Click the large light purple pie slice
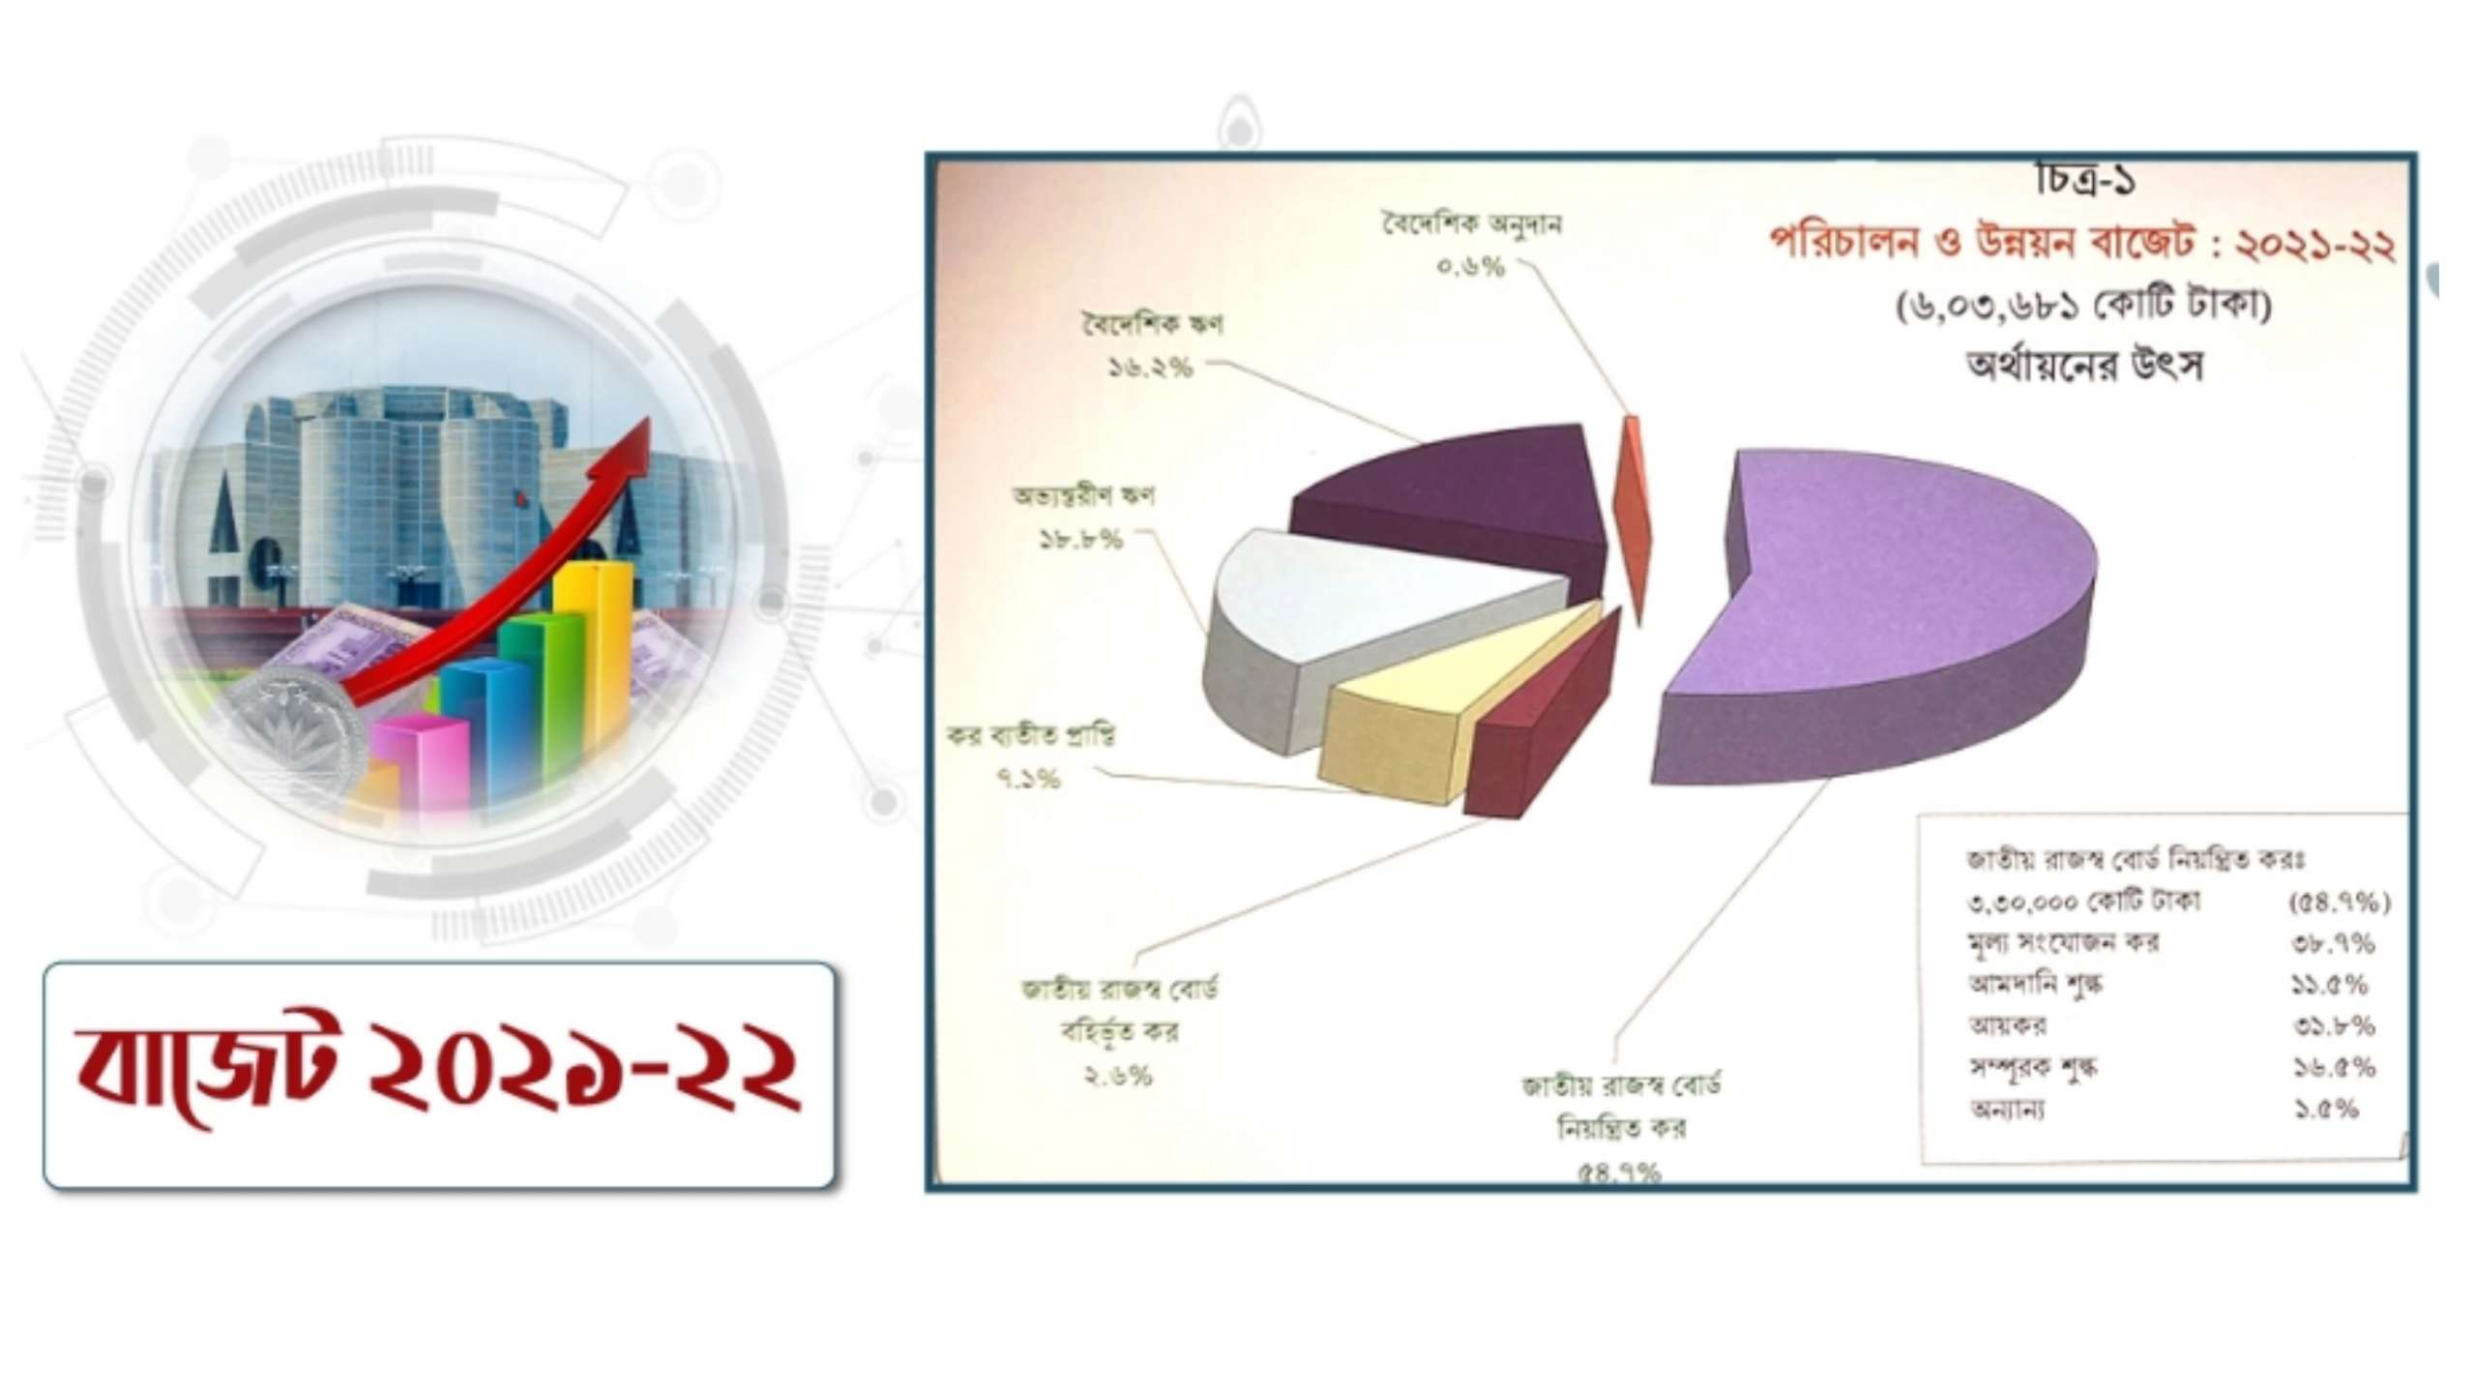coord(1886,600)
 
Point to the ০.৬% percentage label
coord(1471,268)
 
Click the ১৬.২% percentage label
coord(1150,368)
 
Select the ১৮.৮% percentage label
coord(1081,540)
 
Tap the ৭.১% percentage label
coord(1028,779)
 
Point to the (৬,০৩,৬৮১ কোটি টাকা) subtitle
coord(2083,309)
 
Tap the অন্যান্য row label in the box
coord(2008,1110)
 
